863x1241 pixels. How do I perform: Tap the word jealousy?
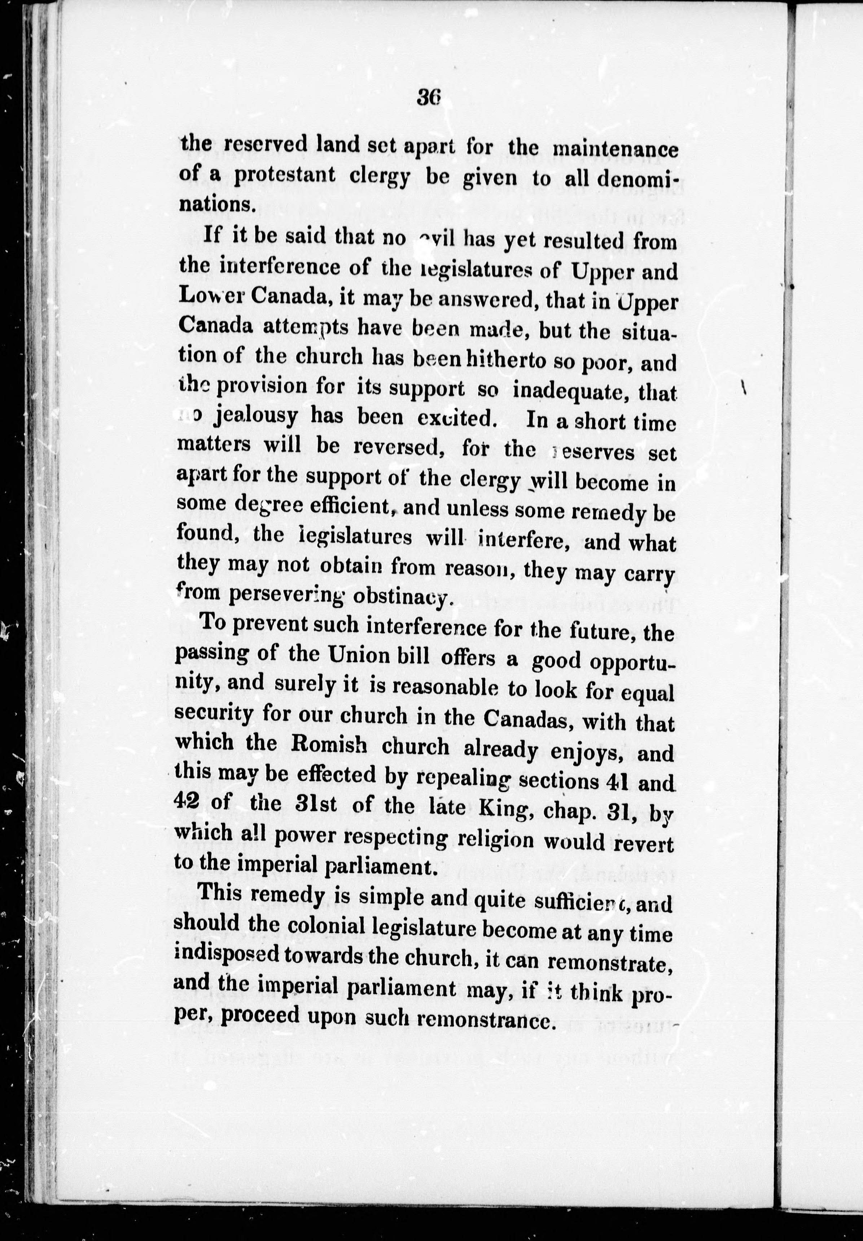(x=255, y=417)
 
